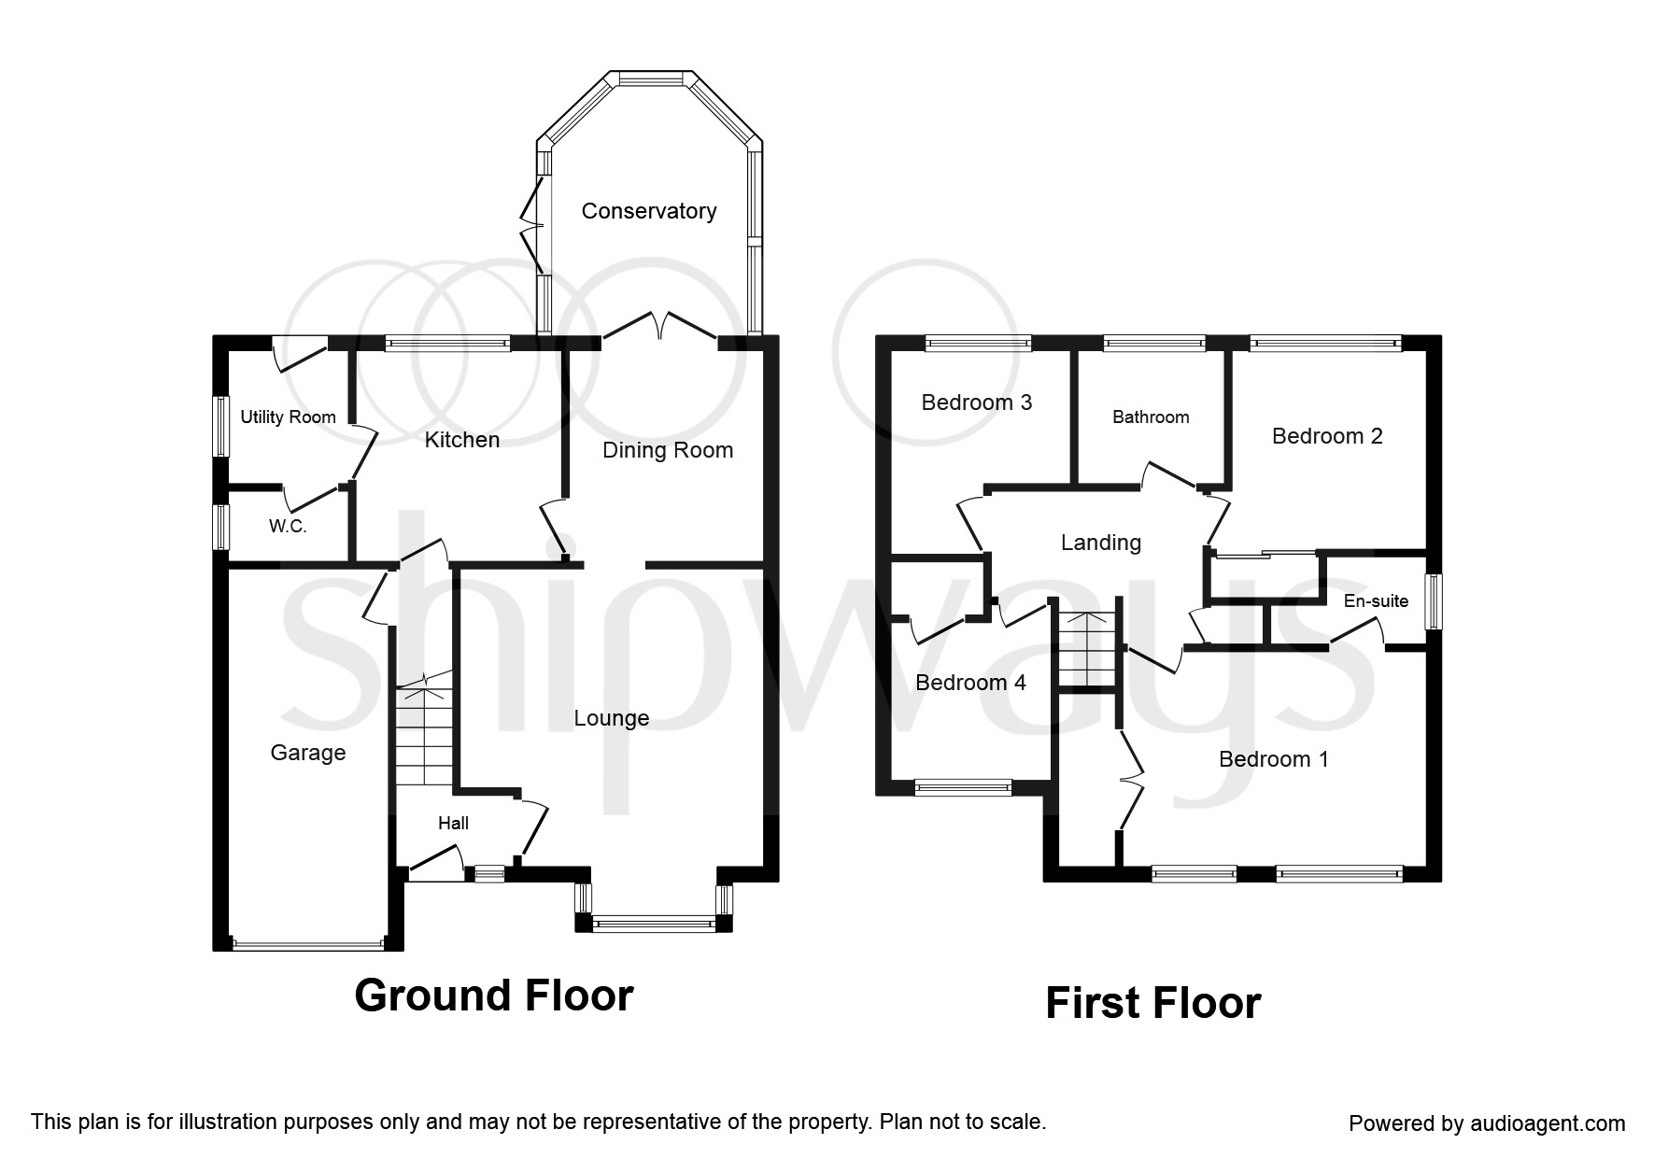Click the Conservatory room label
648,211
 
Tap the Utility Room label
288,417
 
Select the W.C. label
288,526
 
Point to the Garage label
307,753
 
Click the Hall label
453,823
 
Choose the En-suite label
1376,600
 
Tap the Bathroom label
1151,417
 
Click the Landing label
1100,543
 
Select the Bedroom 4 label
970,683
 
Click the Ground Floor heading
494,996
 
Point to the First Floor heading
1152,1003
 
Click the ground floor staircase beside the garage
423,738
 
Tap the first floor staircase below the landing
1087,649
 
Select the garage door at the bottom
307,944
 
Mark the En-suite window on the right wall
1433,600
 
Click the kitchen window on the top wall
448,344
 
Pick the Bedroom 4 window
962,787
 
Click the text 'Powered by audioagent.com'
1487,1123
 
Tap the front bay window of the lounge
654,924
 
